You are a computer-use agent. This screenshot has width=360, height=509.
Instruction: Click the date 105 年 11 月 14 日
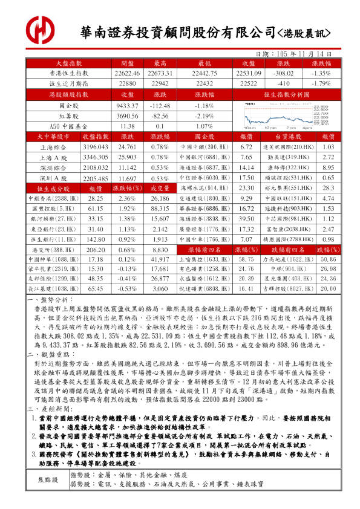pyautogui.click(x=299, y=53)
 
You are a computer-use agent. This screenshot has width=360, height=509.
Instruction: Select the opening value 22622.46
pyautogui.click(x=127, y=73)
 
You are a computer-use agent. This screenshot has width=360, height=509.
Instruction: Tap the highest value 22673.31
pyautogui.click(x=160, y=73)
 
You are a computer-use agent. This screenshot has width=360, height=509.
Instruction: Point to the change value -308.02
pyautogui.click(x=283, y=73)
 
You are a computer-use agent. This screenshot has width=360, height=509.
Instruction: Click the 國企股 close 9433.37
pyautogui.click(x=127, y=105)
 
